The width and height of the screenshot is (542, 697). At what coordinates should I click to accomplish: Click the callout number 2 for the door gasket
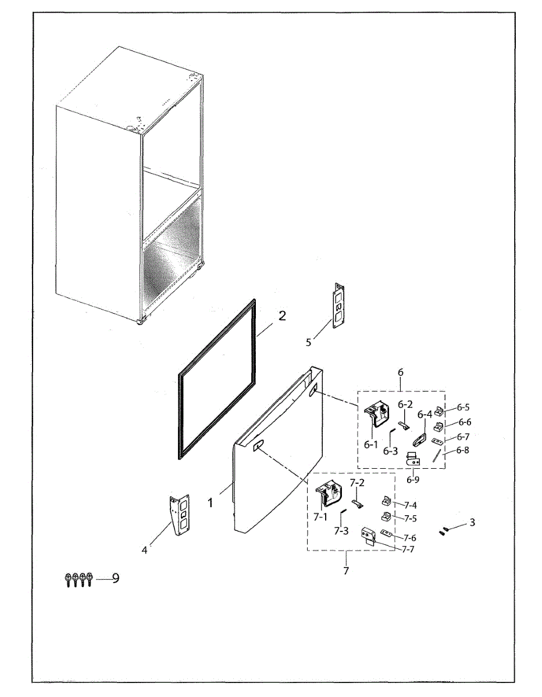(282, 316)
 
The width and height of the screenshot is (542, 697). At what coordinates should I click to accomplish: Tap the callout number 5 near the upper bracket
(309, 342)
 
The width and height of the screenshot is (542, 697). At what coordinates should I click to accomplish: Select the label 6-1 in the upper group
(371, 444)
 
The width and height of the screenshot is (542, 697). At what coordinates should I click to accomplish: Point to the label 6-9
(413, 480)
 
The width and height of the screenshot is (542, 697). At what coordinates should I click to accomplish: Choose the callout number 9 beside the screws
(115, 579)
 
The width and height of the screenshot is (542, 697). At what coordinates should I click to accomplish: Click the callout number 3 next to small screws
(472, 522)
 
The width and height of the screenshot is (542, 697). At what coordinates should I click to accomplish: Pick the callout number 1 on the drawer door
(211, 503)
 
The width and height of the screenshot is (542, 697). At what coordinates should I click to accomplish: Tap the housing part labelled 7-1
(328, 497)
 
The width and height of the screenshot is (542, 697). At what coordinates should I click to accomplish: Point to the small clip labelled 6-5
(440, 411)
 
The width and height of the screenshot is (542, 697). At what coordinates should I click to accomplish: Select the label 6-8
(463, 450)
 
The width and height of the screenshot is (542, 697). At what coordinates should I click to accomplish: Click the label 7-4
(410, 505)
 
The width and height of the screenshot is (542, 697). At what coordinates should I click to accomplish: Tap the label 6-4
(425, 415)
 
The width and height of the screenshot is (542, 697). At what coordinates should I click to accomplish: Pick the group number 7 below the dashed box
(346, 571)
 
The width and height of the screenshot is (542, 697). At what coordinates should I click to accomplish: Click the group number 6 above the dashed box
(400, 372)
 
